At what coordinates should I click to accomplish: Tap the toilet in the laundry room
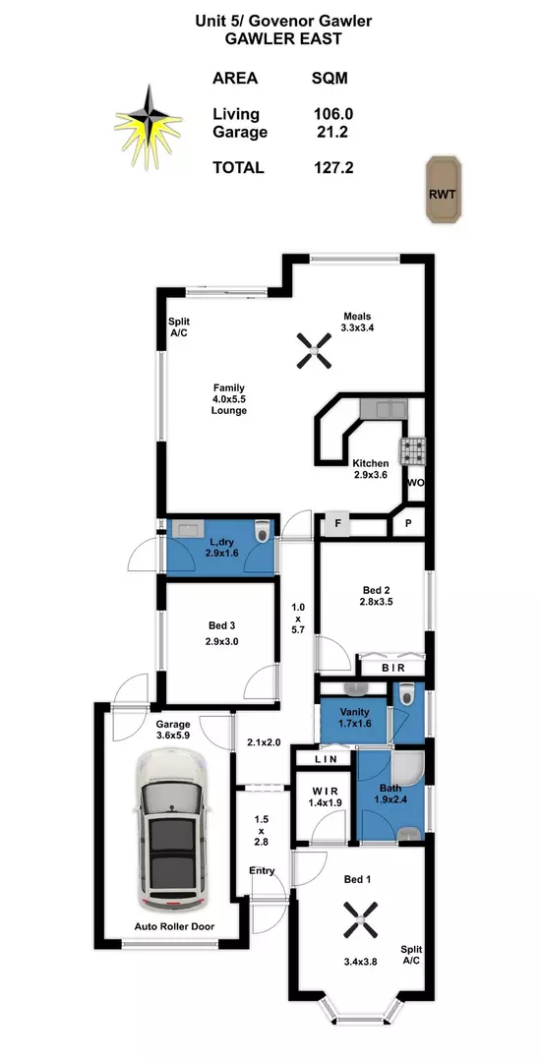click(261, 534)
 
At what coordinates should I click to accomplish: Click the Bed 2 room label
click(376, 589)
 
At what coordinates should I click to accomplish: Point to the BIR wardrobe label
click(392, 668)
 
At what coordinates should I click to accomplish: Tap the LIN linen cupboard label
click(325, 759)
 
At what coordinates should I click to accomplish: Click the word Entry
click(263, 871)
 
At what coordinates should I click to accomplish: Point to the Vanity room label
click(354, 712)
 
